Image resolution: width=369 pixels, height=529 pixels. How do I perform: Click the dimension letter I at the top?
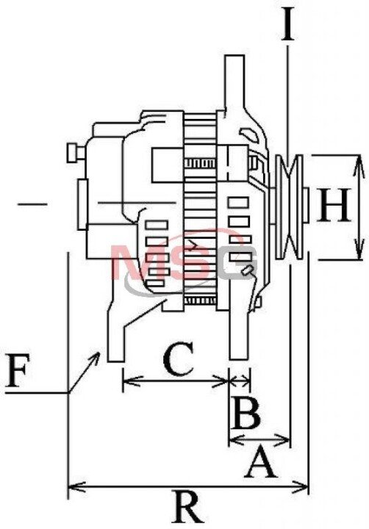(x=288, y=25)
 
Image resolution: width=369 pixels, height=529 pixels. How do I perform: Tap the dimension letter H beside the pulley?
(x=333, y=206)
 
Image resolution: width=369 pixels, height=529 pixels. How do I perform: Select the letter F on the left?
(x=17, y=371)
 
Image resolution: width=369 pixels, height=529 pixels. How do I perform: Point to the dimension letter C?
(x=179, y=359)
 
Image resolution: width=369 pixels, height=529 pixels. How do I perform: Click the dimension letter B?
(x=246, y=413)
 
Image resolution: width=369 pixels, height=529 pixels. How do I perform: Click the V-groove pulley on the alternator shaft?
(x=289, y=206)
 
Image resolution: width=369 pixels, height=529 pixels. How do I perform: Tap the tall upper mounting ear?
(x=234, y=84)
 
